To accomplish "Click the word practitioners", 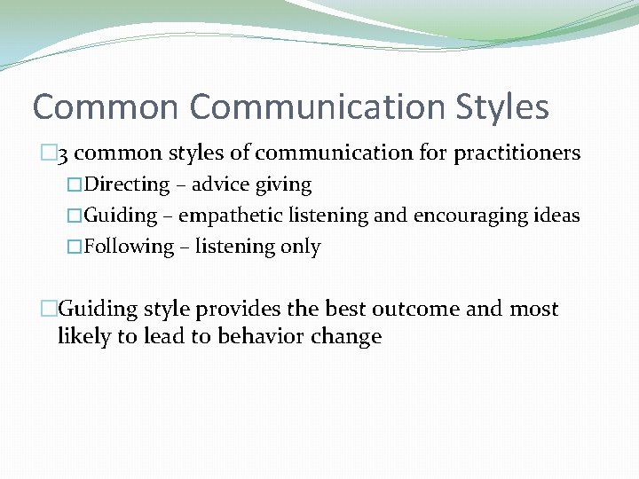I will (517, 153).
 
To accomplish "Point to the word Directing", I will (127, 185).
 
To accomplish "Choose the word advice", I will (221, 185).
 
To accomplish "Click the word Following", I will (129, 247).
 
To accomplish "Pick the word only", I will (301, 247).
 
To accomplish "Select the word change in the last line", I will (350, 337).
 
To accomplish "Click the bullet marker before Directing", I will (75, 185).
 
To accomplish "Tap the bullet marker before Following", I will (75, 247).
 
